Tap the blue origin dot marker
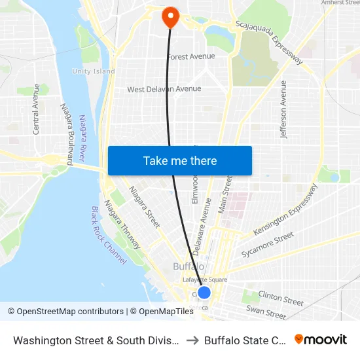coord(204,293)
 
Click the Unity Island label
coord(94,71)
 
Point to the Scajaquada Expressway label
coord(269,42)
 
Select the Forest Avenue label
coord(190,57)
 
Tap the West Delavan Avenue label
coord(164,89)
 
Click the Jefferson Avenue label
coord(283,109)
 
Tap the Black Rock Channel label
coord(108,235)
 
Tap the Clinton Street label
coord(281,298)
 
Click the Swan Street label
coord(266,313)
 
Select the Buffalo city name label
coord(189,266)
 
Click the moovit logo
coord(321,339)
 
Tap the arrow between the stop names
coord(191,340)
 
